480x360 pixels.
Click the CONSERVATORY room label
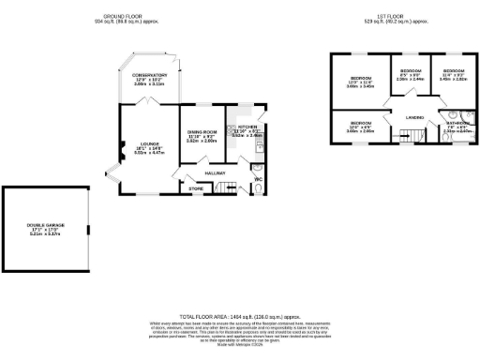pyautogui.click(x=149, y=75)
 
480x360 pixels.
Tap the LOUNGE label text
pyautogui.click(x=143, y=145)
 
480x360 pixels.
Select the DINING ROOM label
pyautogui.click(x=202, y=132)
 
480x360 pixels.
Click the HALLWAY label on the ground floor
pyautogui.click(x=215, y=172)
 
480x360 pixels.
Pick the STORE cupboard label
pyautogui.click(x=196, y=189)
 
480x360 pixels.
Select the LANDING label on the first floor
pyautogui.click(x=414, y=117)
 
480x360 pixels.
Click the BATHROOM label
pyautogui.click(x=457, y=123)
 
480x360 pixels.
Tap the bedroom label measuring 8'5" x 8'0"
pyautogui.click(x=411, y=71)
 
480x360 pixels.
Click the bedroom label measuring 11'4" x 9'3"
pyautogui.click(x=454, y=71)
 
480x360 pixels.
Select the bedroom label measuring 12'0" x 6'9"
pyautogui.click(x=361, y=124)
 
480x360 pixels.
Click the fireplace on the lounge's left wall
pyautogui.click(x=120, y=146)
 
